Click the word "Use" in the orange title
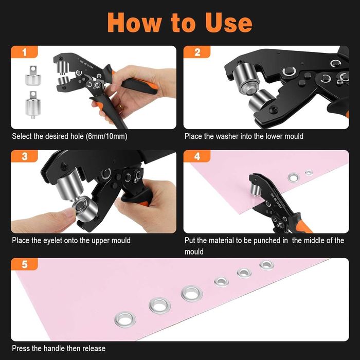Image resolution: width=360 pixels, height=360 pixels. coord(228,23)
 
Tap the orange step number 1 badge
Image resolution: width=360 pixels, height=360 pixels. coord(24,52)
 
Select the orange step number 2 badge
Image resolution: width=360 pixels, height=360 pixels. coord(197,52)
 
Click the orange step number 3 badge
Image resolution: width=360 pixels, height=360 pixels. coord(24,156)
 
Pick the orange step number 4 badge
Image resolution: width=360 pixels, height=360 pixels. coord(197,156)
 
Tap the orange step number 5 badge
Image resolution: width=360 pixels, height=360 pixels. coord(24,264)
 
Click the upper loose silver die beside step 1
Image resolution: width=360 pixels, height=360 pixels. coord(33,75)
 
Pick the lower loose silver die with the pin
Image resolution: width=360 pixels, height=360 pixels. coord(33,104)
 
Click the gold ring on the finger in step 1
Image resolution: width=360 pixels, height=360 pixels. coord(120,106)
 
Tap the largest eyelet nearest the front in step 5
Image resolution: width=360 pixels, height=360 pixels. coord(125,319)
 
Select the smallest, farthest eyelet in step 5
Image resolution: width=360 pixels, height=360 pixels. coord(266,265)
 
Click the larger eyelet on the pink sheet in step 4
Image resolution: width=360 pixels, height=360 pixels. coord(294,177)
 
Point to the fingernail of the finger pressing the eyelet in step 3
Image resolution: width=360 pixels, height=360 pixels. coord(68,213)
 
